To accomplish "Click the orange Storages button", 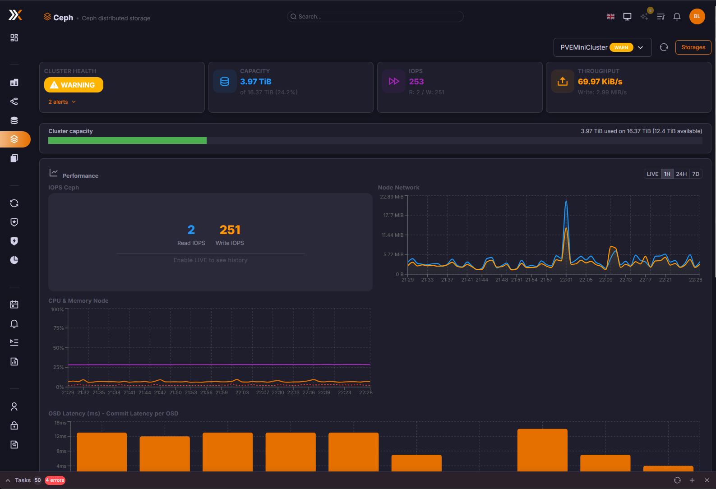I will pyautogui.click(x=693, y=47).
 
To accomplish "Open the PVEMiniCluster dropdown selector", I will pyautogui.click(x=602, y=47).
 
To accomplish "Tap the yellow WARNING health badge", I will pyautogui.click(x=74, y=85).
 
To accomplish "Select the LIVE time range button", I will pyautogui.click(x=652, y=174).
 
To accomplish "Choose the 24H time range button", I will pyautogui.click(x=681, y=174).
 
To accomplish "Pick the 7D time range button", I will pyautogui.click(x=696, y=174).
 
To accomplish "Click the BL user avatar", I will pyautogui.click(x=697, y=17).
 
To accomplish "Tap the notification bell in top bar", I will pyautogui.click(x=677, y=17).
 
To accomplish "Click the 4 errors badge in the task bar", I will pyautogui.click(x=55, y=480).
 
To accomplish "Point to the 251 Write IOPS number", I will pyautogui.click(x=230, y=230).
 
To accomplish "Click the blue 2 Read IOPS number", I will pyautogui.click(x=191, y=230).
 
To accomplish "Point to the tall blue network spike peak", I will pyautogui.click(x=566, y=201).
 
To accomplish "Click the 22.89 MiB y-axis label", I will pyautogui.click(x=391, y=197).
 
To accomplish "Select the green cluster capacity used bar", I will pyautogui.click(x=127, y=141).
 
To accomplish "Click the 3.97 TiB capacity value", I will pyautogui.click(x=255, y=82).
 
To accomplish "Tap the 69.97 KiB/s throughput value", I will pyautogui.click(x=600, y=82).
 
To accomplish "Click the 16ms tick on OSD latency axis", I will pyautogui.click(x=60, y=423).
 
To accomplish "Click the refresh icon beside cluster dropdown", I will pyautogui.click(x=663, y=47).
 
